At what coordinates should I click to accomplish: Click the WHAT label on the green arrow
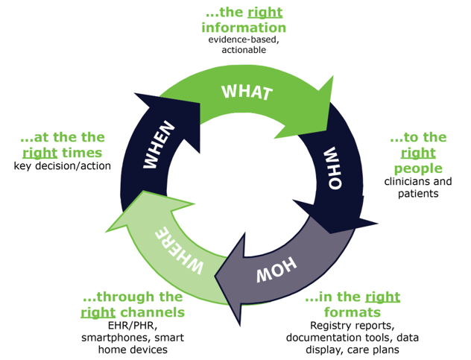(247, 92)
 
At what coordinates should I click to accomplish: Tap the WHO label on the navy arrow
(333, 168)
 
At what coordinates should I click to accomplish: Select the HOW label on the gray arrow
(276, 270)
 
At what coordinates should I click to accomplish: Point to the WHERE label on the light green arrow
(180, 250)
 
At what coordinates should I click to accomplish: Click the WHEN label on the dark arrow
(159, 145)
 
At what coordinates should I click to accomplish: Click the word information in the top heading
(244, 28)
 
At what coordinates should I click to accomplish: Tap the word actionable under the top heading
(244, 50)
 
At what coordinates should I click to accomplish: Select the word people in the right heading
(418, 169)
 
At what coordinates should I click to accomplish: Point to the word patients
(418, 194)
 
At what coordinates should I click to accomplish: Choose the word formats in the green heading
(353, 312)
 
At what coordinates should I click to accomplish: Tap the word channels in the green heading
(153, 312)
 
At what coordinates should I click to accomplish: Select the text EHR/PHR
(133, 326)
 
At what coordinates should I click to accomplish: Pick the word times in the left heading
(82, 153)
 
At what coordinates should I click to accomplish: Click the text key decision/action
(62, 166)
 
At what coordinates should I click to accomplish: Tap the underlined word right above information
(265, 13)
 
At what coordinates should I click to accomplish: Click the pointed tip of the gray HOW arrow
(215, 277)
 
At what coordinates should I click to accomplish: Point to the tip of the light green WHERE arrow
(106, 232)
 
